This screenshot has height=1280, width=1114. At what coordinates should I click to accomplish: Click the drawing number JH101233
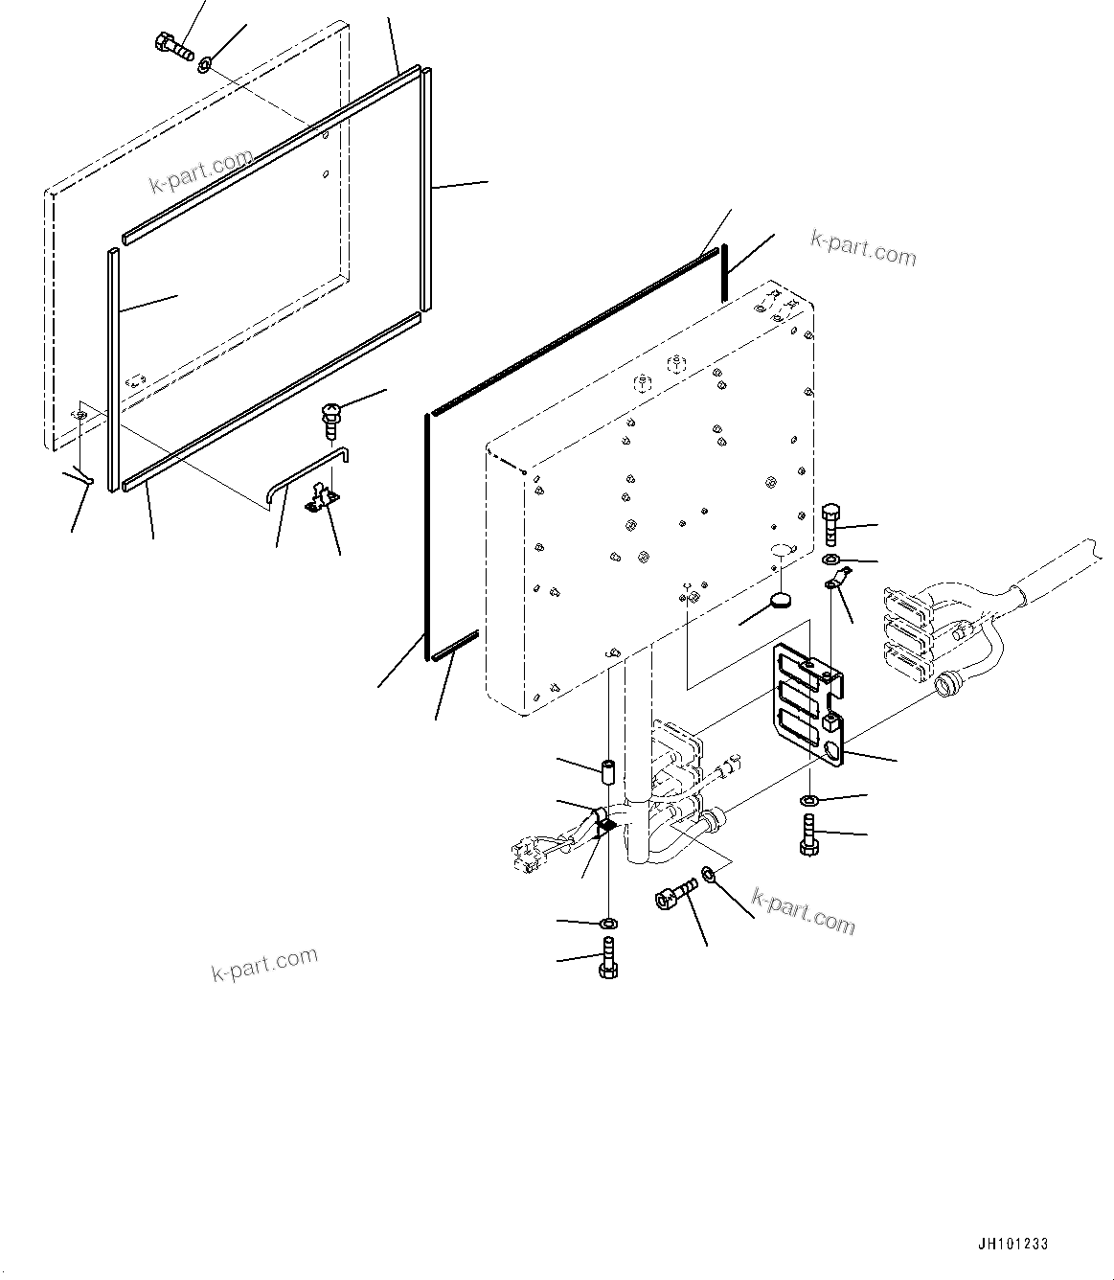[x=1012, y=1245]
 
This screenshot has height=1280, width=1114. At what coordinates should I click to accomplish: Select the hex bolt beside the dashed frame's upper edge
[x=172, y=45]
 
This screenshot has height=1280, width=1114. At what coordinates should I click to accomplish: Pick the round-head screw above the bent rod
[x=330, y=420]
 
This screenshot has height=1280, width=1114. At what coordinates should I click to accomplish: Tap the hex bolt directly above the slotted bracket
[x=830, y=522]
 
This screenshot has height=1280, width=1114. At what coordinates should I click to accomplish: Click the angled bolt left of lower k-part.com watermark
[x=672, y=894]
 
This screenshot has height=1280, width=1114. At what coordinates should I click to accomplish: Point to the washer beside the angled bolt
[x=708, y=873]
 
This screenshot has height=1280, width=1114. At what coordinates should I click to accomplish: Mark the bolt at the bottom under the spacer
[x=608, y=958]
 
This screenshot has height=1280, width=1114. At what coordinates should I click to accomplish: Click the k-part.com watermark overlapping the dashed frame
[x=201, y=170]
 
